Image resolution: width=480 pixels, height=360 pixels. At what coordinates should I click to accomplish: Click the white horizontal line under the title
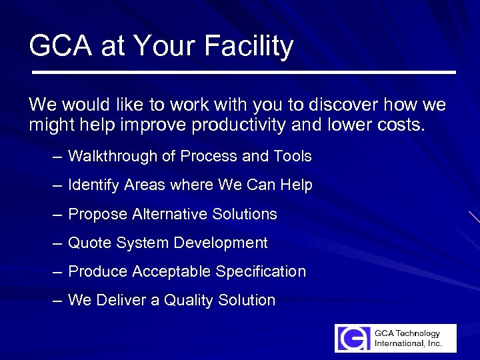[x=243, y=72]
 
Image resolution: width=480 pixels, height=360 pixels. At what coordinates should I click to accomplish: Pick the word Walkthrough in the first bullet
[x=114, y=157]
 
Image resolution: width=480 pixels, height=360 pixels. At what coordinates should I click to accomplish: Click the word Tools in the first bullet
[x=292, y=157]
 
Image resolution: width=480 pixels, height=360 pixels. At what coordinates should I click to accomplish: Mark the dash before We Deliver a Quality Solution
[x=57, y=301]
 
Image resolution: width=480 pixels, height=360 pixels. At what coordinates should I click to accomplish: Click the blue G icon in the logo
[x=353, y=338]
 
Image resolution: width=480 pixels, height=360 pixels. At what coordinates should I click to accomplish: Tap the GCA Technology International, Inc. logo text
[x=407, y=338]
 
